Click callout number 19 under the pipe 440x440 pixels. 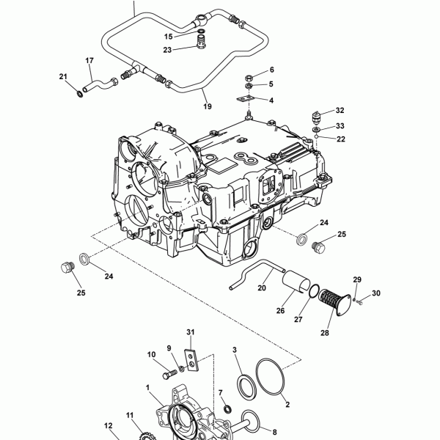tap(208, 106)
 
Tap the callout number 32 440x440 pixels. tap(340, 110)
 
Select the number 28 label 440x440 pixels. tap(325, 333)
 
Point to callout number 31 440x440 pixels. tap(191, 332)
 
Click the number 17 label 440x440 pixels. tap(89, 60)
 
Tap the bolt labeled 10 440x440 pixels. tap(170, 374)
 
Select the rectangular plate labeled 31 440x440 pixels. tap(191, 360)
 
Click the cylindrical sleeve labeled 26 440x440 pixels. tap(296, 281)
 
